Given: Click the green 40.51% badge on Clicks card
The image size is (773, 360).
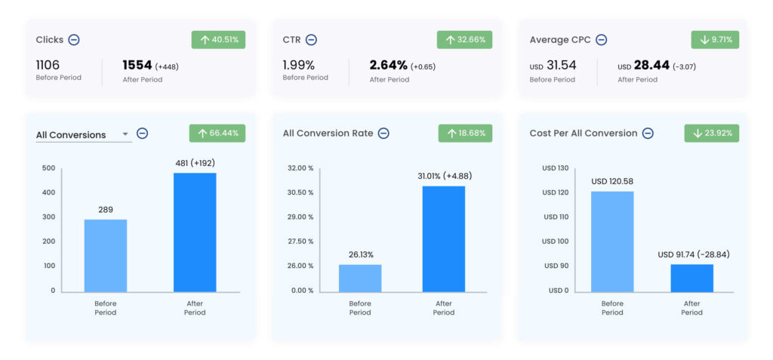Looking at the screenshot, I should (218, 40).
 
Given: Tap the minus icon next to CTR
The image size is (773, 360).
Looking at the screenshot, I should (311, 40).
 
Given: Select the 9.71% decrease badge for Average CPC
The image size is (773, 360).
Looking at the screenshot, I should (715, 40).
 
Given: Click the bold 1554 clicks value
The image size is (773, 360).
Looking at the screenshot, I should (137, 66).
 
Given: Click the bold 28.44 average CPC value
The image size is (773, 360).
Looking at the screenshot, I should (651, 66).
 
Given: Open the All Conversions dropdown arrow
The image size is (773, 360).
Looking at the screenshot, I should (125, 135).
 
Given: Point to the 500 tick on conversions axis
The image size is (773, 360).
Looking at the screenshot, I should (48, 168).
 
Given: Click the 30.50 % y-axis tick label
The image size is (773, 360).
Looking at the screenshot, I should (300, 192).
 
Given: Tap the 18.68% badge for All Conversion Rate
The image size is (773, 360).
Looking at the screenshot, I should (465, 134).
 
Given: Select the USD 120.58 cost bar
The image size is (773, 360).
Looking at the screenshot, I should (612, 242).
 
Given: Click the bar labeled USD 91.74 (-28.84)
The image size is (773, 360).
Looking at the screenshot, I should (691, 278).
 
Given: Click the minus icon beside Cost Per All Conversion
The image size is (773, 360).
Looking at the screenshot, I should (647, 134).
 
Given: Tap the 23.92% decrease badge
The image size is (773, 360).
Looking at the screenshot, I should (712, 134).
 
